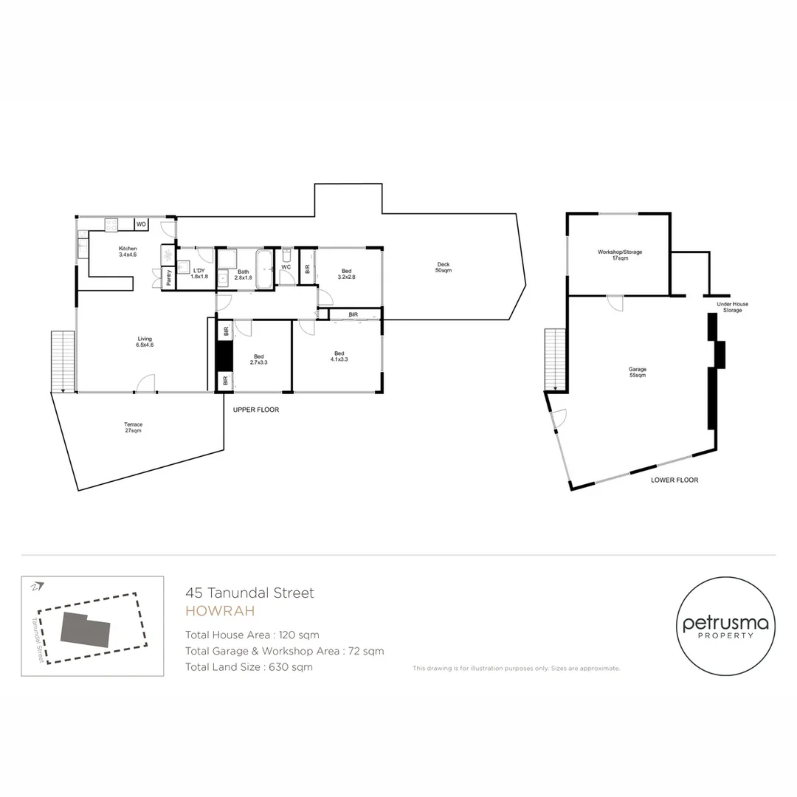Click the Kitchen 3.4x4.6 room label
128,252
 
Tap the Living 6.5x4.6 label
144,342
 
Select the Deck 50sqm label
443,267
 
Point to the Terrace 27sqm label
133,427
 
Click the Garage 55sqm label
637,373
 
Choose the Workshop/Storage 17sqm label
619,255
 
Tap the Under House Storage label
732,307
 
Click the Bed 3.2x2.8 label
347,274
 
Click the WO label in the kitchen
140,224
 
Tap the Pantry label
169,277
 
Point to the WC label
286,267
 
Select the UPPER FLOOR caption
256,410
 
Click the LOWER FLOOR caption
674,480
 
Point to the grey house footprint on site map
85,631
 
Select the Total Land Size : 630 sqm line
249,667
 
